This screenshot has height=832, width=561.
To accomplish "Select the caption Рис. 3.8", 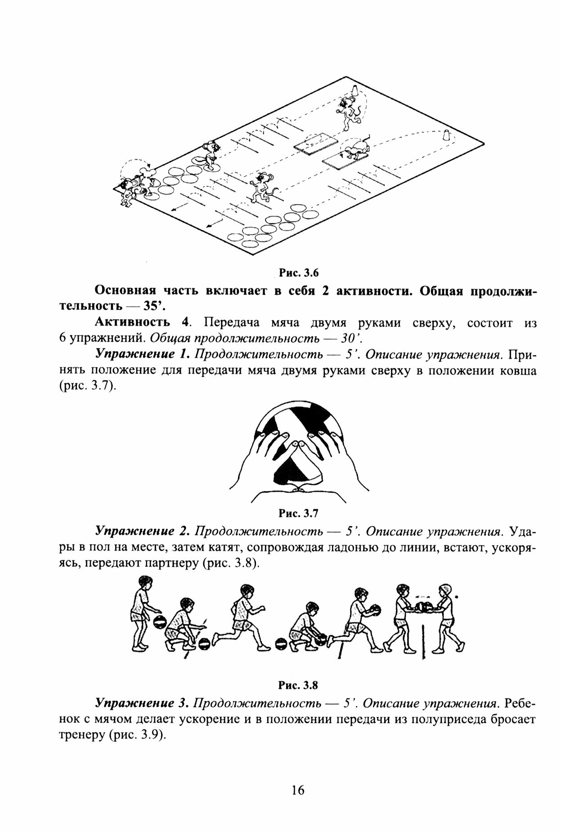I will [298, 685].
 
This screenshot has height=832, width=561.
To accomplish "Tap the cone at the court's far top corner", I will [355, 89].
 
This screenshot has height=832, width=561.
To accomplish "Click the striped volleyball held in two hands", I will [298, 445].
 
